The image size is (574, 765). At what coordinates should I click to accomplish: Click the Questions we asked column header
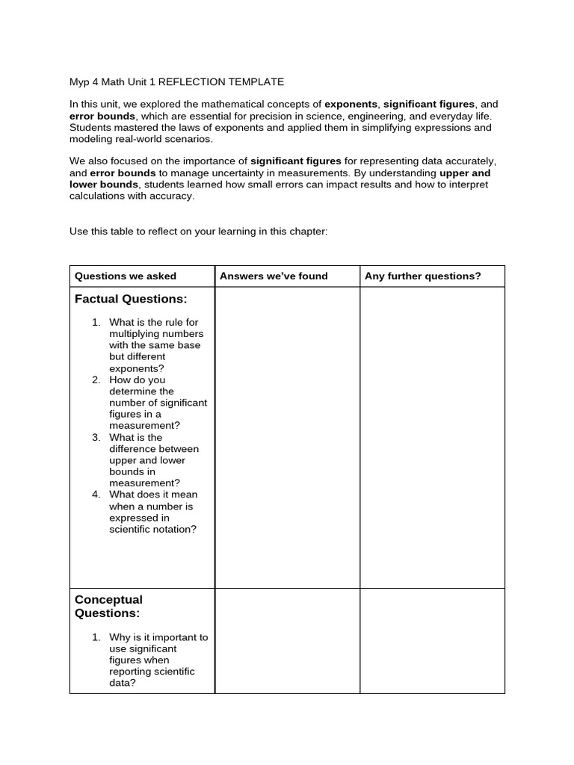[x=125, y=276]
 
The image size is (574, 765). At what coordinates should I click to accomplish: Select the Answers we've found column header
[x=274, y=276]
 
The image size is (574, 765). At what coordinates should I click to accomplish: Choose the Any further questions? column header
[x=422, y=276]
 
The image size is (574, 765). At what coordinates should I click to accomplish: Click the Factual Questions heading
[x=130, y=299]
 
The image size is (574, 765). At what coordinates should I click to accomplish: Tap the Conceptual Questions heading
[x=108, y=606]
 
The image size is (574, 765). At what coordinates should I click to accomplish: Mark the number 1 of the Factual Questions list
[x=96, y=322]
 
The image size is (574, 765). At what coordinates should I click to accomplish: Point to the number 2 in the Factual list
[x=96, y=380]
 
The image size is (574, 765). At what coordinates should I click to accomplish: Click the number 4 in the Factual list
[x=96, y=495]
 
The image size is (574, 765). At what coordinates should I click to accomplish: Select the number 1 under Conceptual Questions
[x=96, y=637]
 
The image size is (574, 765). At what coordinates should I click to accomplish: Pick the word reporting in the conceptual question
[x=130, y=672]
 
